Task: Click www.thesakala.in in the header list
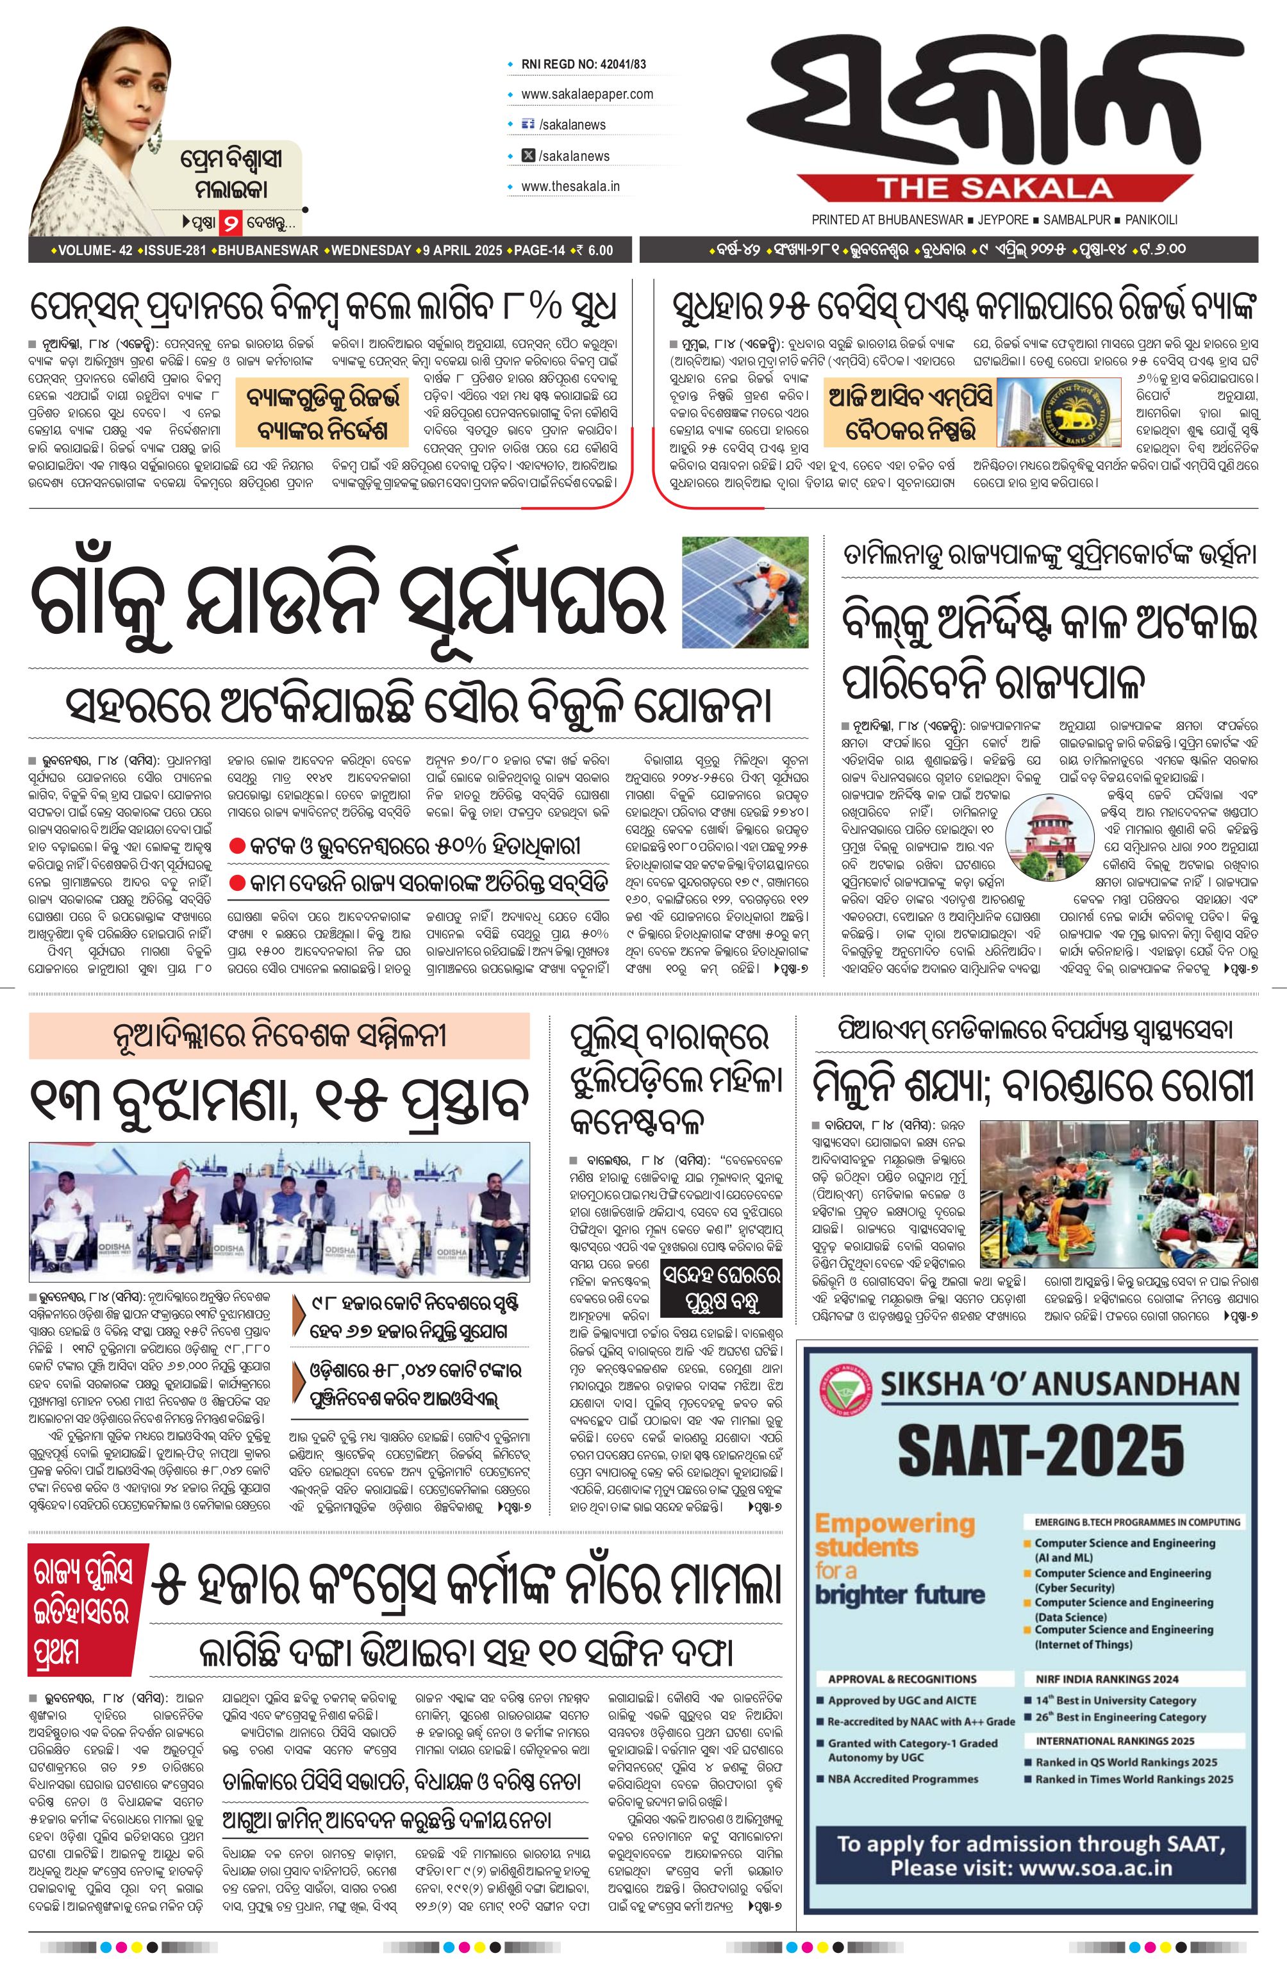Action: pyautogui.click(x=570, y=187)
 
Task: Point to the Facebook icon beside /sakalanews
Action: pyautogui.click(x=526, y=124)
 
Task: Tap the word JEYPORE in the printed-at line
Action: pyautogui.click(x=995, y=220)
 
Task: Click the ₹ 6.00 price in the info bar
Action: pyautogui.click(x=595, y=251)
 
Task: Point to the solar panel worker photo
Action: pyautogui.click(x=745, y=592)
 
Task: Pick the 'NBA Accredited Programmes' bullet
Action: pyautogui.click(x=902, y=1779)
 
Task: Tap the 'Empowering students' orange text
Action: pyautogui.click(x=893, y=1535)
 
